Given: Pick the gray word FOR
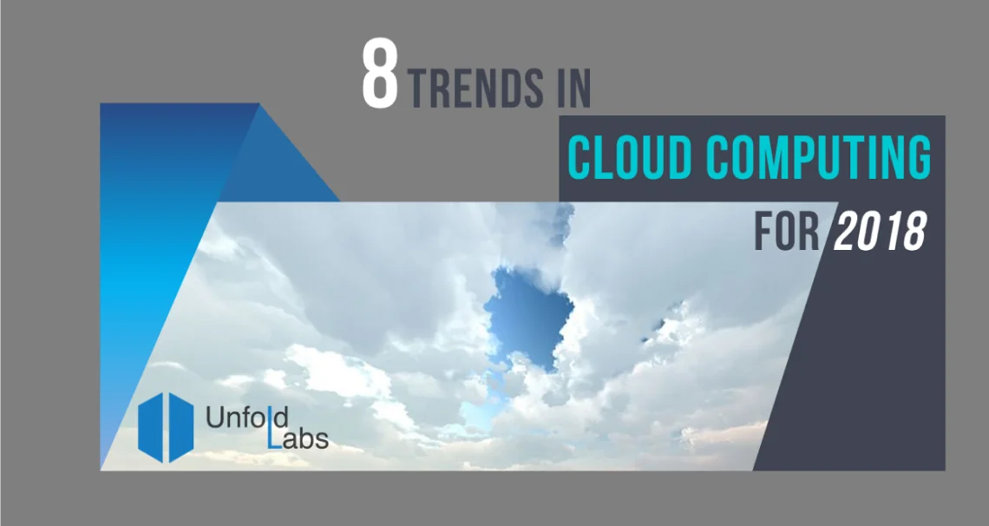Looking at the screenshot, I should click(786, 232).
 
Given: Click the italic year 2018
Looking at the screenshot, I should click(878, 232).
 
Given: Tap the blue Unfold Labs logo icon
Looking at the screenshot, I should click(166, 427).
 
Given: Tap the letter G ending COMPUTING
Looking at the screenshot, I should click(915, 158).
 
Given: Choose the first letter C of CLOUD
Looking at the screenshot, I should click(580, 158).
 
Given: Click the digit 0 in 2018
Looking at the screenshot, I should click(867, 232).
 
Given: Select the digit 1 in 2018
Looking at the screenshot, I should click(887, 232).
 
